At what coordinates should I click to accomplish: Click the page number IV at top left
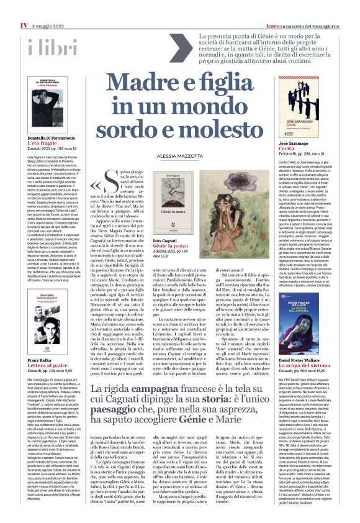[24, 7]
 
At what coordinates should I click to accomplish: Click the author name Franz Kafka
[40, 360]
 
